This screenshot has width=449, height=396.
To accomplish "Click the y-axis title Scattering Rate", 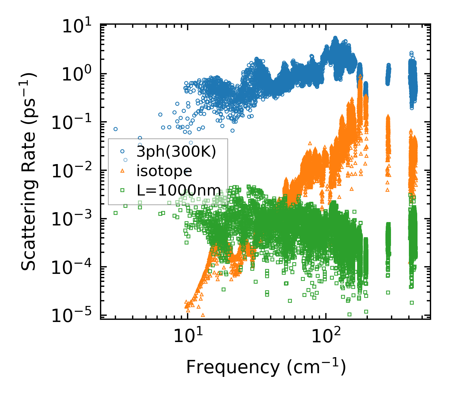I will click(x=28, y=171).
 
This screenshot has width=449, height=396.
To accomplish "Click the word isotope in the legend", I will click(x=164, y=171).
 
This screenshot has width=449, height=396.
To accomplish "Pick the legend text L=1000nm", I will click(x=179, y=190).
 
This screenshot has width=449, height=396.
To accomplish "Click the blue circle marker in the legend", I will click(x=122, y=151).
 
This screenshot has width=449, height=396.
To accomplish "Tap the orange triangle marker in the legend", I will click(x=122, y=171).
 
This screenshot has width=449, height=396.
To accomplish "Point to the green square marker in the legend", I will click(x=122, y=190).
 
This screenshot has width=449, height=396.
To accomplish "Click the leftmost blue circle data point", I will click(x=115, y=129).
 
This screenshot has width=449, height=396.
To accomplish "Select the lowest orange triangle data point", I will click(x=203, y=315).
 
